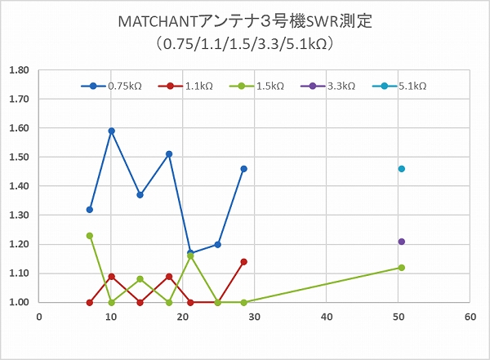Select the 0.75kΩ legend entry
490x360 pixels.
click(123, 86)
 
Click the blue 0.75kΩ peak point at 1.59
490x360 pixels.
click(111, 131)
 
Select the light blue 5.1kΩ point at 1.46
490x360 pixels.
click(401, 169)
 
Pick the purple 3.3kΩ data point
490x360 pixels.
click(401, 242)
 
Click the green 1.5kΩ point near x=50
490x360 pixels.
click(401, 268)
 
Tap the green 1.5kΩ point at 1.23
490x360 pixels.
click(90, 236)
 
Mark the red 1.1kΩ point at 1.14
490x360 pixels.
click(243, 262)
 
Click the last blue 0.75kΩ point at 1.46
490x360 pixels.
click(243, 169)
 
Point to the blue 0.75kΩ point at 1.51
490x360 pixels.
click(169, 154)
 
